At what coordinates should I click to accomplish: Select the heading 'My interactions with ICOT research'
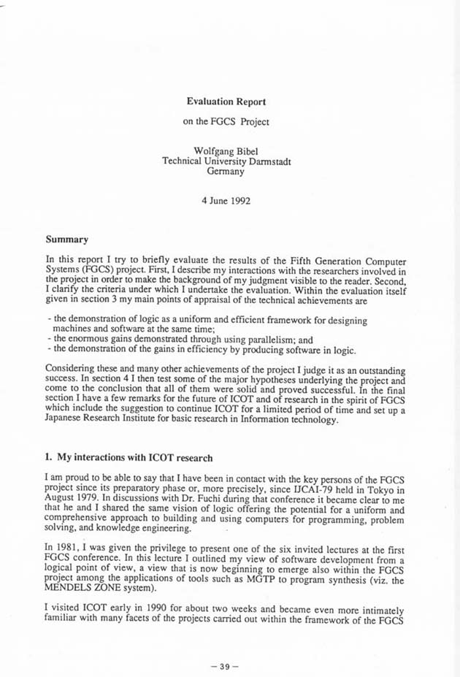(x=134, y=457)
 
